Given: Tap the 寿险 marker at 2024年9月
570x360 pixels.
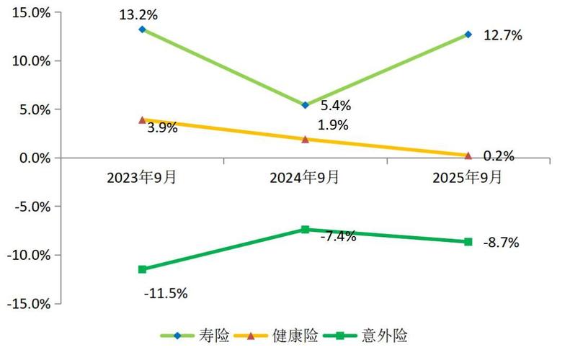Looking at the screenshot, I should point(305,105).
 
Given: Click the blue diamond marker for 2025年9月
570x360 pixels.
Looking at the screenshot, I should point(468,35).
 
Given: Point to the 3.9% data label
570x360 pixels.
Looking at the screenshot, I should point(162,128).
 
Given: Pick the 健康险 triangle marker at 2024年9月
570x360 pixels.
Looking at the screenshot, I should point(305,139).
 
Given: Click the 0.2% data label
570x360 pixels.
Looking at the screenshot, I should point(499,156).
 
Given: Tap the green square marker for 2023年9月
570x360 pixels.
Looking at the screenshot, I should point(142,269).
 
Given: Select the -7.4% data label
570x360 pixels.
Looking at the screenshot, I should point(338,236).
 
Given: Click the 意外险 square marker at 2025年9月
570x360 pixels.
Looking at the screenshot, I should point(468,242).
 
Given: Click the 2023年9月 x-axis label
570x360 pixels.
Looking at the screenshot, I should point(142,177).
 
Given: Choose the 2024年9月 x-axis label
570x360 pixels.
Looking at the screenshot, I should point(305,177).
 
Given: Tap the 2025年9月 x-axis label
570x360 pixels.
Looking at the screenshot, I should point(468,177).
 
